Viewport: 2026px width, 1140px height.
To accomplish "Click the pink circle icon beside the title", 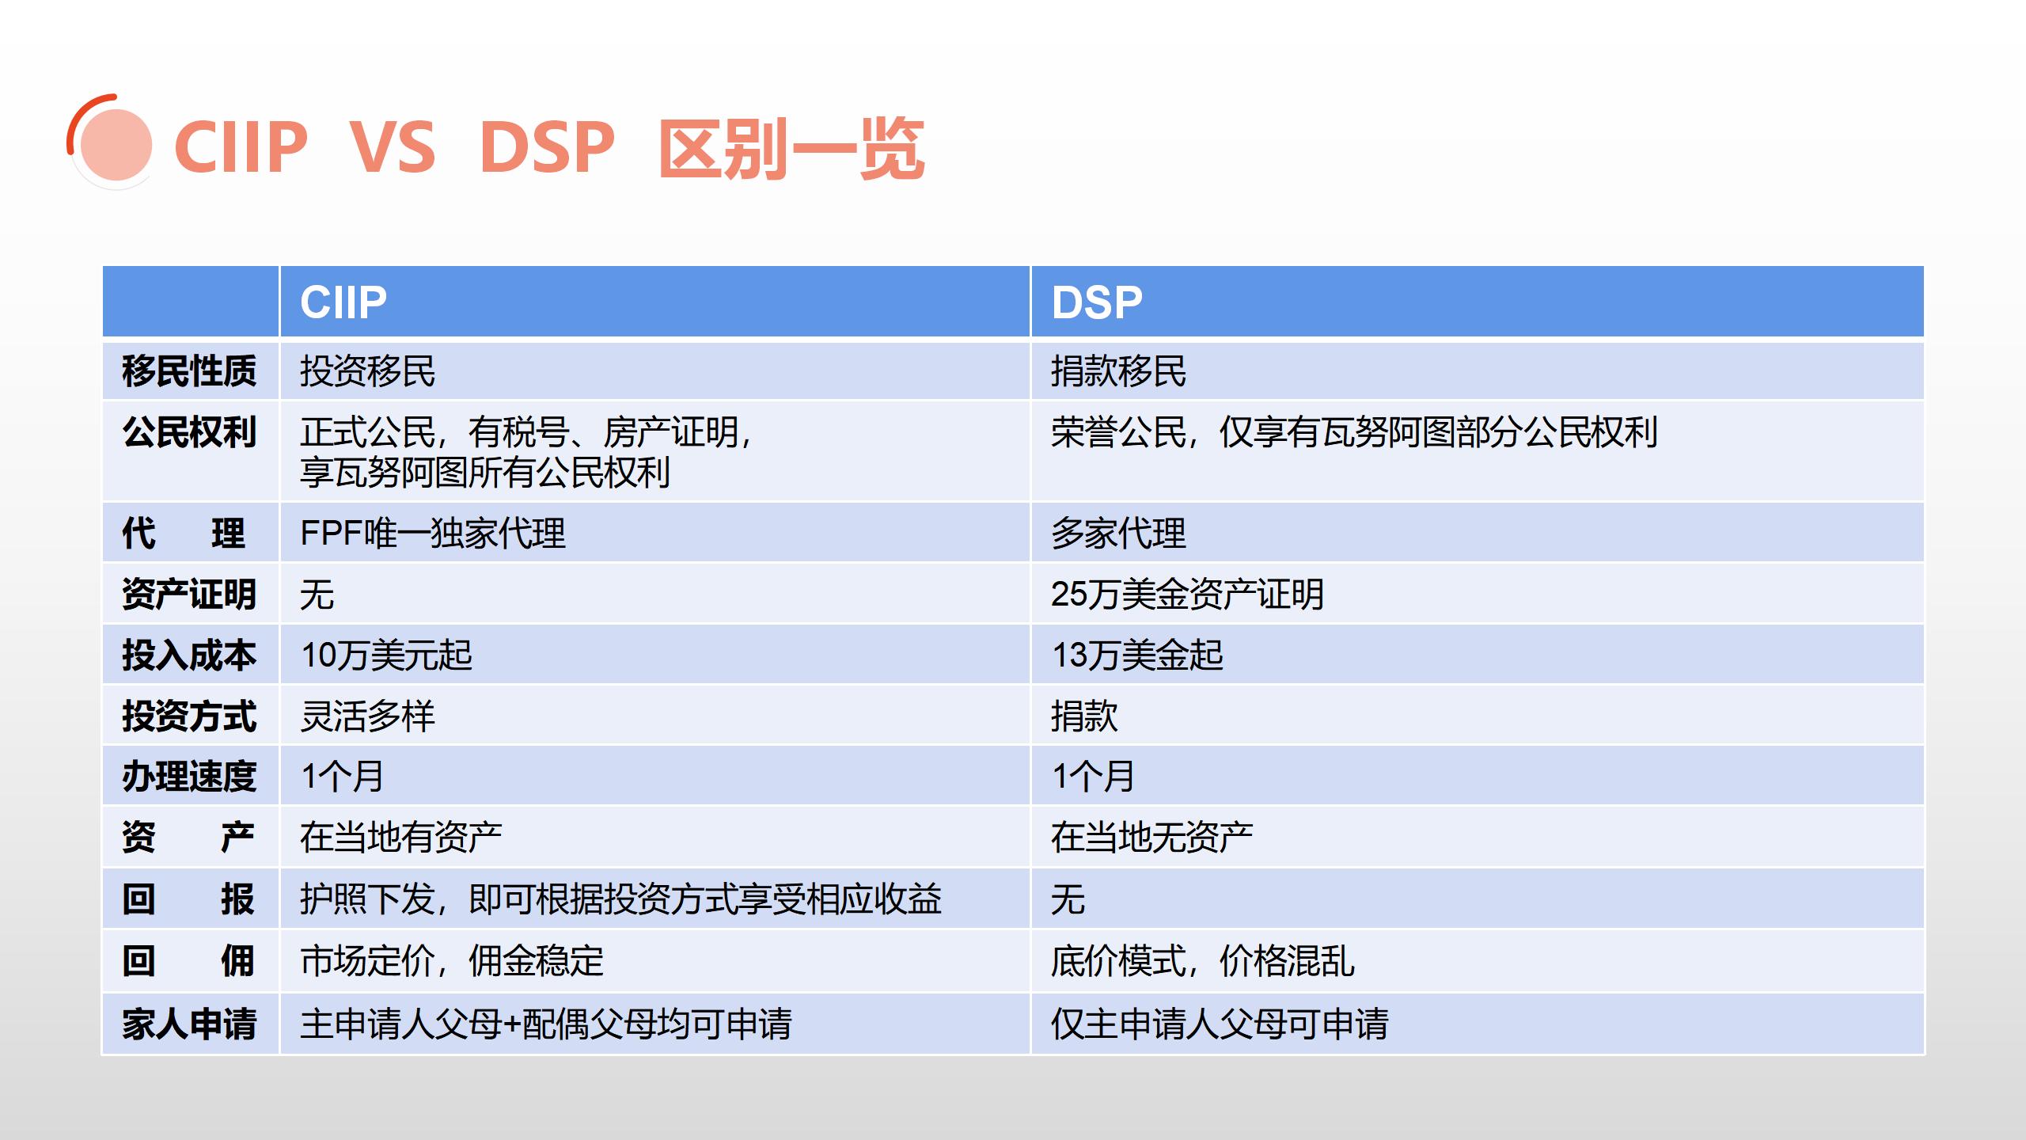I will pos(116,145).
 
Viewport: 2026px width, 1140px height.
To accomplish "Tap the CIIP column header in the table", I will pos(343,302).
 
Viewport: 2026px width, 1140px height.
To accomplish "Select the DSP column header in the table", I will pos(1097,302).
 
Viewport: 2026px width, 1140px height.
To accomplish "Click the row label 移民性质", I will pos(189,370).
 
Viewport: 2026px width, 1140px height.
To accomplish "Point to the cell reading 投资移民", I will pos(367,370).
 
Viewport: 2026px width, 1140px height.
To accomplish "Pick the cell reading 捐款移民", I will pos(1118,370).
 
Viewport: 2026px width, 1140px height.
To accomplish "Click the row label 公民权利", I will pos(189,432).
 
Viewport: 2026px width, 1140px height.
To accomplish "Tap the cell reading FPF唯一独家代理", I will pos(433,533).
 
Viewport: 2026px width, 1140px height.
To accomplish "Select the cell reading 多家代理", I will pos(1118,533).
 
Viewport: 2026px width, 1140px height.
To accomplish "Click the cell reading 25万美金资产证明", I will pos(1187,594).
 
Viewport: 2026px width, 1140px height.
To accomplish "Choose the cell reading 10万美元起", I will pos(386,655).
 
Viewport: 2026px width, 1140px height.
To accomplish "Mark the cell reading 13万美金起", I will pos(1137,655).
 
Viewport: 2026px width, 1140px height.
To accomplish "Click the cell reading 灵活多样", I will pos(367,716).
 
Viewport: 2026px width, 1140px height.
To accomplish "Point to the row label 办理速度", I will pos(189,776).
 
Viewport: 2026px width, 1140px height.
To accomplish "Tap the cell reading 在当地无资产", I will pos(1151,837).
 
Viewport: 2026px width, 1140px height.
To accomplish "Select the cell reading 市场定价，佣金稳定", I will pos(452,960).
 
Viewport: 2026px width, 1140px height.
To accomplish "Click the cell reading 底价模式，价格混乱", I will pos(1202,960).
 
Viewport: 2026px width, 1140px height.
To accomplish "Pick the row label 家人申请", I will pos(189,1024).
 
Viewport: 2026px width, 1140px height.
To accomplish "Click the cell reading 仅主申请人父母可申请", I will pos(1220,1024).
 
